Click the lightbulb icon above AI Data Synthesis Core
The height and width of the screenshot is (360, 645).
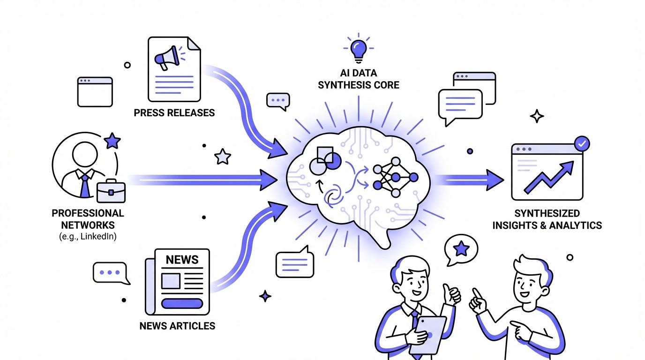click(x=359, y=48)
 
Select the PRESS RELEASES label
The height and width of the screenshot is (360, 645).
click(x=174, y=112)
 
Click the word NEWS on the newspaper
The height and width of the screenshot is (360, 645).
click(x=182, y=259)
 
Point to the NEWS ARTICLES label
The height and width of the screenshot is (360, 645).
click(x=177, y=325)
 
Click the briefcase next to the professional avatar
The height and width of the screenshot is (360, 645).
click(x=111, y=190)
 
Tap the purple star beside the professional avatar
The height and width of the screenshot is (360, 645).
click(x=112, y=141)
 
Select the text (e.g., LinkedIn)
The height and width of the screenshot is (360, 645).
click(x=88, y=236)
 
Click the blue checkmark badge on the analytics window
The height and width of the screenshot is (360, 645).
click(x=582, y=143)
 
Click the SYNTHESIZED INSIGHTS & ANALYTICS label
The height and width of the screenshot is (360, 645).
click(x=547, y=219)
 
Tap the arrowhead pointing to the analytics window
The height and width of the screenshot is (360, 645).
click(x=494, y=180)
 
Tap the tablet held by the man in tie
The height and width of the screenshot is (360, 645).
click(x=427, y=334)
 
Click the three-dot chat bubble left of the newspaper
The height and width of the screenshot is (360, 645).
click(x=110, y=272)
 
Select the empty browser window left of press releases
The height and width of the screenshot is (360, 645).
click(x=95, y=92)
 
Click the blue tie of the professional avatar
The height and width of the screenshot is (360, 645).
click(x=84, y=184)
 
